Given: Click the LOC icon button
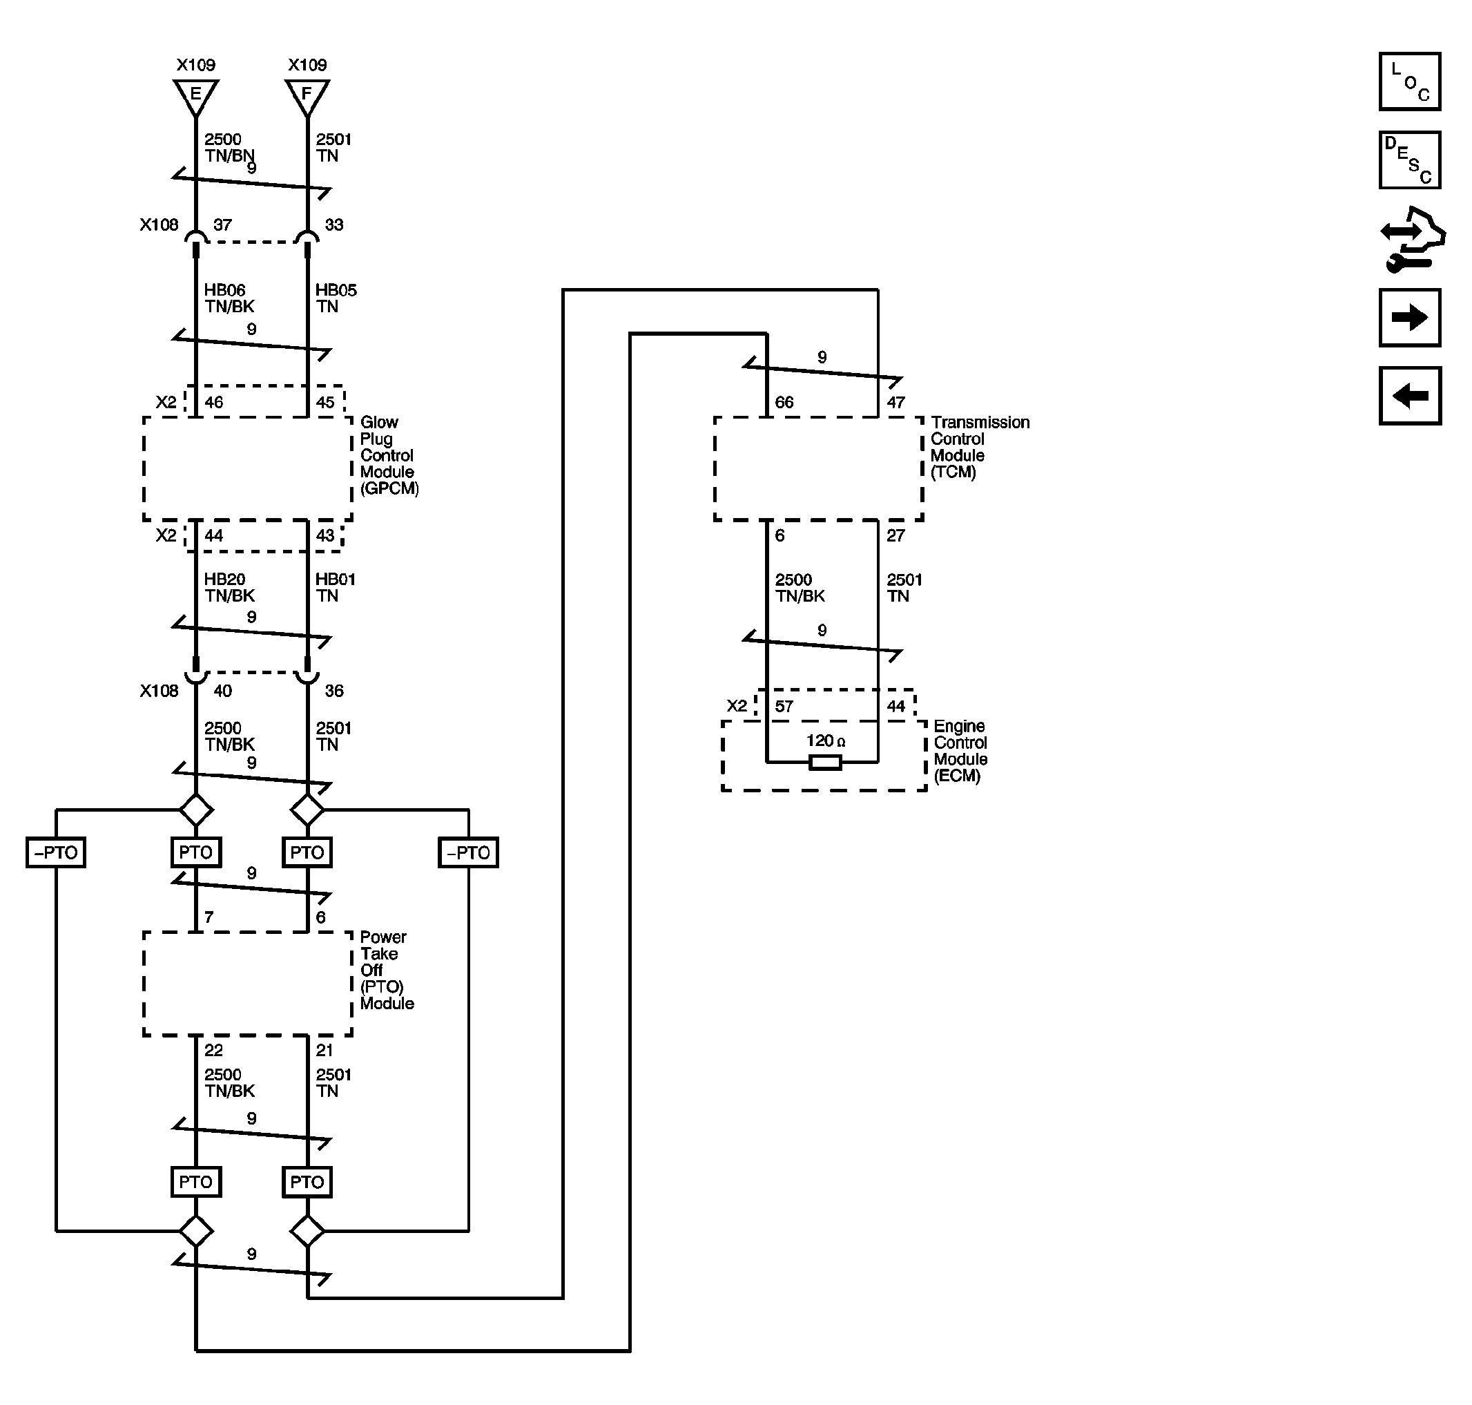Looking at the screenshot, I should point(1409,82).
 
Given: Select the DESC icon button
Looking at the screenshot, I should point(1409,160).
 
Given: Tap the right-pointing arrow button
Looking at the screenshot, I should point(1409,318).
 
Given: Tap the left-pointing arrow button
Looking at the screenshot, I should point(1409,395).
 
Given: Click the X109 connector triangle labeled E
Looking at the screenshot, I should point(195,96).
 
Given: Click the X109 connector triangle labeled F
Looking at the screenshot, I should point(307,96).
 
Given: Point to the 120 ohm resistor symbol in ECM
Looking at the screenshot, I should point(825,763).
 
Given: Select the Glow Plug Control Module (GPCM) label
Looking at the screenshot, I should point(388,455).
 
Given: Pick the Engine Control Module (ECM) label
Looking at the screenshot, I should point(960,750).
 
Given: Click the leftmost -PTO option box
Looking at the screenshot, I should point(56,852).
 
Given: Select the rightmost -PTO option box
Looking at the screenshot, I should point(468,852).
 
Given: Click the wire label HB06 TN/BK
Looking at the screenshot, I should point(229,298).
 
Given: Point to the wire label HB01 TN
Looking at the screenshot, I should point(335,587).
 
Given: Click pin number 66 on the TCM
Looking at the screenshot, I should point(784,402).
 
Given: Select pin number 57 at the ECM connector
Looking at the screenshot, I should point(783,706).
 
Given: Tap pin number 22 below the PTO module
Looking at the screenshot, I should point(213,1050).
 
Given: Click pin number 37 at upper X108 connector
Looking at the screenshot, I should point(222,224).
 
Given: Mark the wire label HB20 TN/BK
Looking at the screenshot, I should point(229,587).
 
